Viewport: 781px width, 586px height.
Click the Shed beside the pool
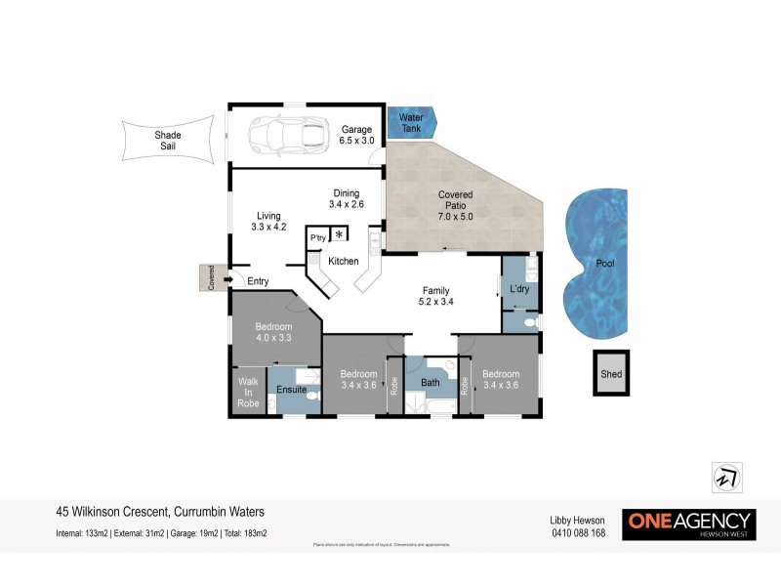(611, 374)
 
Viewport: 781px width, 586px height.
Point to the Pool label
(605, 264)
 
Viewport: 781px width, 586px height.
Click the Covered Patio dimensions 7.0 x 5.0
(455, 217)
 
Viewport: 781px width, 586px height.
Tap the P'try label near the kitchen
(317, 238)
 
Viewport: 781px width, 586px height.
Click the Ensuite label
(292, 391)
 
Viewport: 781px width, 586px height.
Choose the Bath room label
(431, 383)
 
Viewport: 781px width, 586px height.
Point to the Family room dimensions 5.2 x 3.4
(435, 303)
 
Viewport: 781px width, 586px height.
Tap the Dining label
(347, 192)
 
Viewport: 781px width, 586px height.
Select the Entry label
(258, 282)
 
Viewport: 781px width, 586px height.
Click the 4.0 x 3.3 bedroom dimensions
(274, 338)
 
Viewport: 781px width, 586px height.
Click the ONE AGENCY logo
(689, 523)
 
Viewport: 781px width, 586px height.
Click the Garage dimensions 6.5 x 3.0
(356, 142)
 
